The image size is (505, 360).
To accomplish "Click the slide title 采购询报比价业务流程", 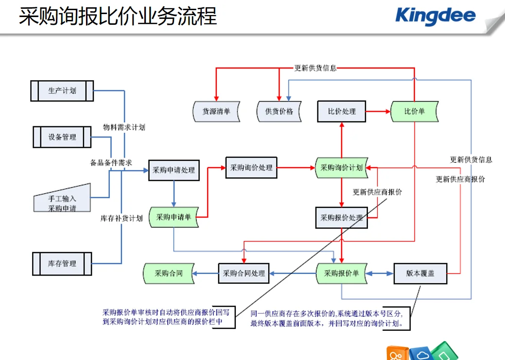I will point(118,16).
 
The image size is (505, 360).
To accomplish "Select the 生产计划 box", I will point(62,91).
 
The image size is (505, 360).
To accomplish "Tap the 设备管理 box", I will point(62,137).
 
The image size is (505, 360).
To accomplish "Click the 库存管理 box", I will point(62,263).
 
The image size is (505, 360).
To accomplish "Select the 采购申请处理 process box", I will point(174,170).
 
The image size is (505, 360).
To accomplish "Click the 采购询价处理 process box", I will point(251,168).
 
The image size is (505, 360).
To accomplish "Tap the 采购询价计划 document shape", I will point(341,168).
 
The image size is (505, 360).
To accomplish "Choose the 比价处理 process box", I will point(341,111).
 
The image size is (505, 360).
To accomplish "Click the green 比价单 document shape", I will point(415,111).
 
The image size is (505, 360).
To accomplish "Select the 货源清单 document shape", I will point(216,111).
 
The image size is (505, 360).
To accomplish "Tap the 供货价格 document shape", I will point(279,111).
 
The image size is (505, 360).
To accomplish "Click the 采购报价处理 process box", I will point(341,218).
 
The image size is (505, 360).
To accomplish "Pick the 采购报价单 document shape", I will point(341,273).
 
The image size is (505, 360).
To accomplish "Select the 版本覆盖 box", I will point(420,273).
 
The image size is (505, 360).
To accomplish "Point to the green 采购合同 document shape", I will point(169,273).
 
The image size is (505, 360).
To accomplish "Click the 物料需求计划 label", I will point(124,127).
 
